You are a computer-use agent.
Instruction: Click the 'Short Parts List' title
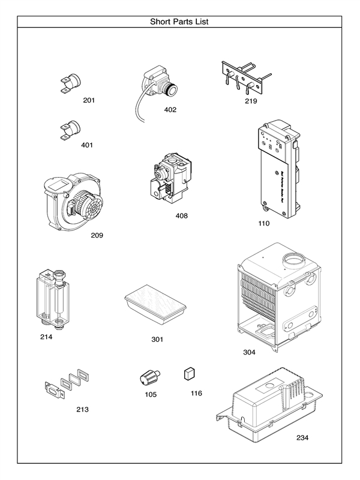[x=179, y=22]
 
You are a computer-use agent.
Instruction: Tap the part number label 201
[x=89, y=100]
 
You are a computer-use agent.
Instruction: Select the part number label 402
[x=170, y=110]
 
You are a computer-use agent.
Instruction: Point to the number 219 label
[x=251, y=101]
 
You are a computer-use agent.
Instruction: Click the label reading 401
[x=87, y=145]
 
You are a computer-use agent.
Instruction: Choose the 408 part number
[x=182, y=215]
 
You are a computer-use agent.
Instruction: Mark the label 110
[x=264, y=223]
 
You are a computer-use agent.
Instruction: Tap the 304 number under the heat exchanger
[x=250, y=352]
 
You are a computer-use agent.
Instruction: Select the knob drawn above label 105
[x=148, y=377]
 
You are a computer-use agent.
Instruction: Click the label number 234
[x=302, y=437]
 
